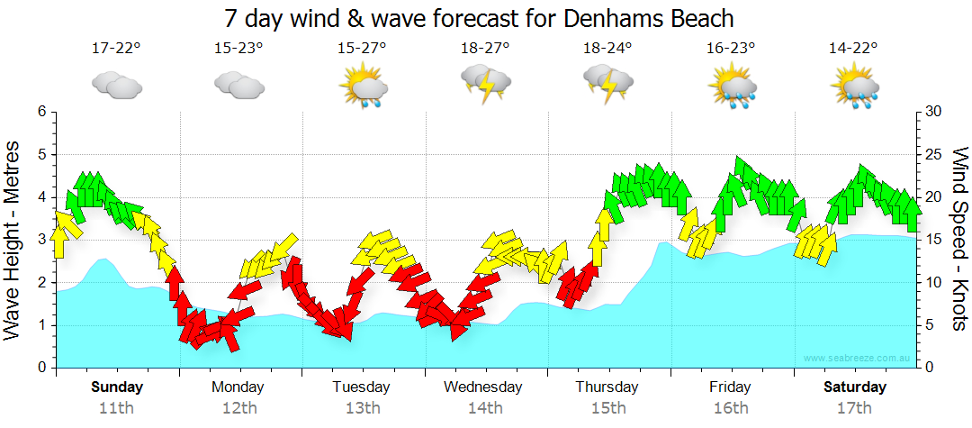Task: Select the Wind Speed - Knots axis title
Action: (x=958, y=240)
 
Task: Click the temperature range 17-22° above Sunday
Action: (x=116, y=48)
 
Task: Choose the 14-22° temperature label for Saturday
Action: (x=853, y=48)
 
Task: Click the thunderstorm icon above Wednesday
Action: (x=486, y=85)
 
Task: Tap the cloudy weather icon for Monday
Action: (x=238, y=85)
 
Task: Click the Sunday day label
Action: (x=116, y=387)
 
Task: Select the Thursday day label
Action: (x=607, y=387)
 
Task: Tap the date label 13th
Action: (x=361, y=407)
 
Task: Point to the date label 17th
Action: (x=853, y=407)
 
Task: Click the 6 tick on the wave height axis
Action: (x=40, y=112)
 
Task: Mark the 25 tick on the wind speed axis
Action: (x=933, y=154)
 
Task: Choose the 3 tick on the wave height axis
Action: (x=40, y=240)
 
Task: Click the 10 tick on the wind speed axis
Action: (x=933, y=283)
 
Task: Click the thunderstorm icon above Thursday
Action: (x=608, y=85)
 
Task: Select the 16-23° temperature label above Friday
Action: (x=731, y=48)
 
